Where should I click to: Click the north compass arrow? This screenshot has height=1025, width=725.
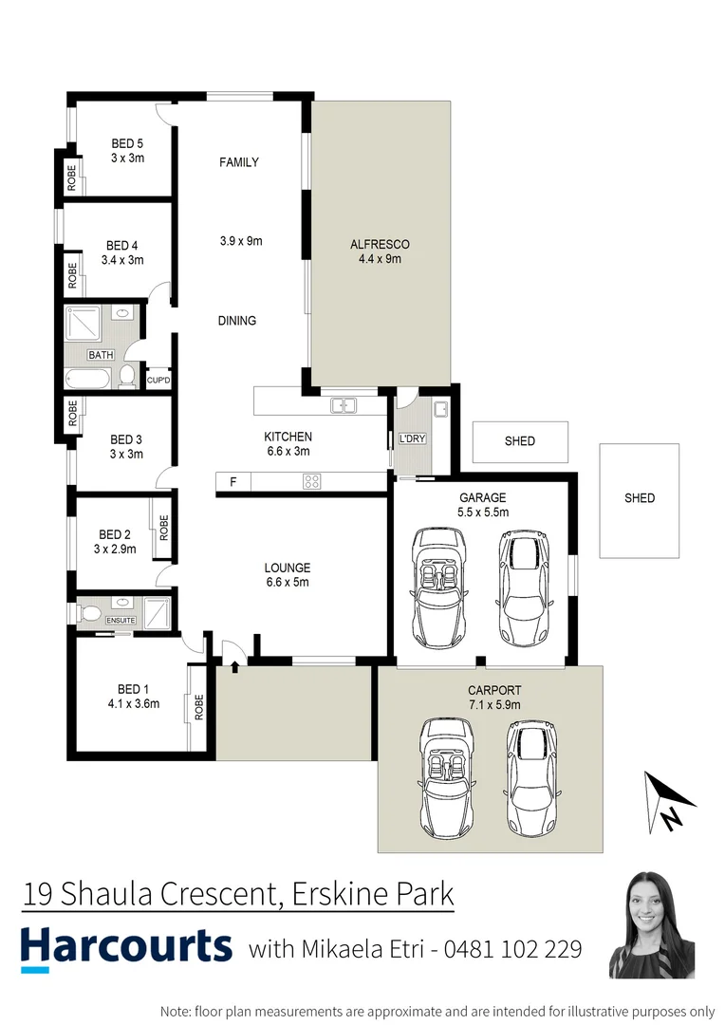669,802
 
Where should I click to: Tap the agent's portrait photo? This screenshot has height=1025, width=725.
652,924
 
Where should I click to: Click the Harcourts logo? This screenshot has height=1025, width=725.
126,946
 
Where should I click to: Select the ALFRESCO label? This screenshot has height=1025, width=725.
379,244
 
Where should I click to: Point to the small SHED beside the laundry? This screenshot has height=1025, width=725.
520,441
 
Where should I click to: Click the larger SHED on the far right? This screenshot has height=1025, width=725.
639,499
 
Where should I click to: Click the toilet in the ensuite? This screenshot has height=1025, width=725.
89,614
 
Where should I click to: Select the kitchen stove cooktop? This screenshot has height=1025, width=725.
311,481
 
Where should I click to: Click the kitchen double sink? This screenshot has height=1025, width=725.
343,406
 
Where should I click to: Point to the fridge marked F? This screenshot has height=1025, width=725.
232,482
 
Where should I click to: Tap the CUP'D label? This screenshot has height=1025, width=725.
158,381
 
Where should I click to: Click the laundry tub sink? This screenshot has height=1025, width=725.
440,410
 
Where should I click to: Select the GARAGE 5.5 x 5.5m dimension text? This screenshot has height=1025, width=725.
483,512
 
